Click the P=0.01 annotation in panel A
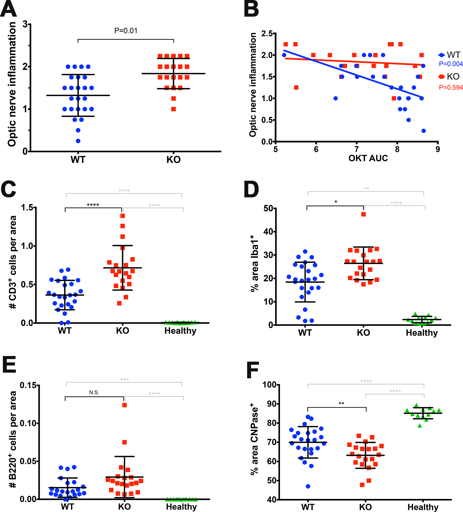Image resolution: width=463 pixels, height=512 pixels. click(x=126, y=31)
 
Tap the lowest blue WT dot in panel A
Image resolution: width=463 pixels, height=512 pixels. click(x=78, y=141)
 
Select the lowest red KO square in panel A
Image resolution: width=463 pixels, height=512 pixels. click(x=173, y=109)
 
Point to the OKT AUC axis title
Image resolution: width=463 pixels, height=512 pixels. click(x=368, y=158)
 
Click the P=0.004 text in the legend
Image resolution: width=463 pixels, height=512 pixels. click(x=451, y=64)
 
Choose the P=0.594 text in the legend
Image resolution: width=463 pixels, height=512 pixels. click(x=451, y=88)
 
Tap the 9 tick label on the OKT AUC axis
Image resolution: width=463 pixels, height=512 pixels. click(x=438, y=149)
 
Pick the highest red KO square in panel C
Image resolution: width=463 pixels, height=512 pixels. click(x=123, y=216)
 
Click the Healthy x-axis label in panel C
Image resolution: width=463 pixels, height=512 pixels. click(x=180, y=331)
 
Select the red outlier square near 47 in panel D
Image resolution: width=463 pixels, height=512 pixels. click(x=363, y=214)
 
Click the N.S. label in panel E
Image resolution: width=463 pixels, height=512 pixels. click(x=94, y=393)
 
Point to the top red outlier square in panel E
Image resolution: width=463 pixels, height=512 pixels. click(x=124, y=405)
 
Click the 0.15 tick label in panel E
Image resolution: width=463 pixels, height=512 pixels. click(x=28, y=385)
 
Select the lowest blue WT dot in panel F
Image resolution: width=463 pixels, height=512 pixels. click(x=308, y=486)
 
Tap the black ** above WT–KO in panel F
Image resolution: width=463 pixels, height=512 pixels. click(x=341, y=404)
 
